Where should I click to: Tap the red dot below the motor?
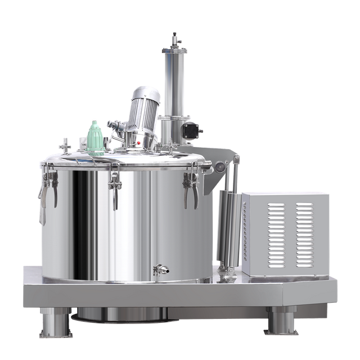139,143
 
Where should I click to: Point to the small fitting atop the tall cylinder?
174,39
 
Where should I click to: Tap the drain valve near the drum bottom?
161,269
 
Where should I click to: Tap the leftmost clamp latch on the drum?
48,186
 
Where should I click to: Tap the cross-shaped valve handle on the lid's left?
66,143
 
